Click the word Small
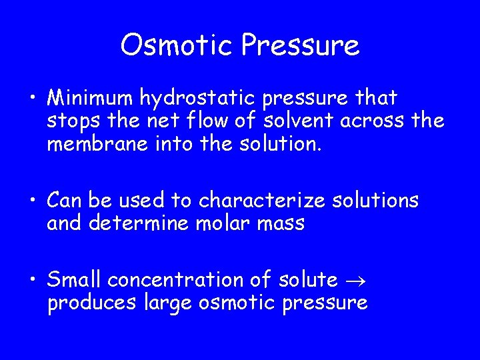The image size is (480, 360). coord(74,281)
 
